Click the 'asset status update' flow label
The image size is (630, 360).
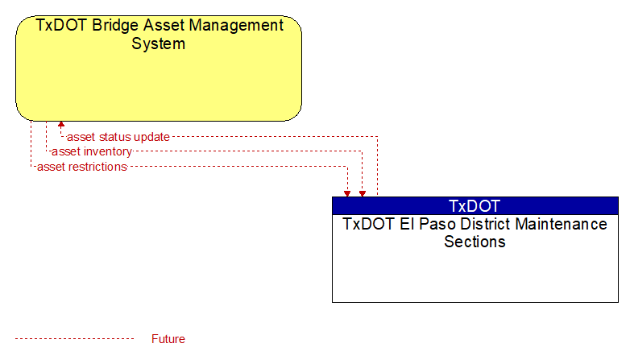pyautogui.click(x=118, y=137)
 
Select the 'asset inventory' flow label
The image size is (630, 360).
pyautogui.click(x=92, y=151)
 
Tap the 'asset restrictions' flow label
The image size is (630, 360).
pyautogui.click(x=82, y=167)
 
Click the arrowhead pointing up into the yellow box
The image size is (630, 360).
pyautogui.click(x=61, y=124)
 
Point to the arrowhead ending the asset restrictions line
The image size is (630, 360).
pyautogui.click(x=347, y=194)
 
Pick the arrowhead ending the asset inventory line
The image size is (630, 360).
pyautogui.click(x=363, y=194)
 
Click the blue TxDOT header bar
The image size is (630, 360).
pyautogui.click(x=475, y=205)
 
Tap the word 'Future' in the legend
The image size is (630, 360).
pyautogui.click(x=168, y=339)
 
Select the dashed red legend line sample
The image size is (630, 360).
pyautogui.click(x=74, y=339)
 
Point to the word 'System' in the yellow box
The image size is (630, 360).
pyautogui.click(x=158, y=43)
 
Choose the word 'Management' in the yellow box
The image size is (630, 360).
pyautogui.click(x=236, y=25)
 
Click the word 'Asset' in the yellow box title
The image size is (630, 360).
pyautogui.click(x=164, y=25)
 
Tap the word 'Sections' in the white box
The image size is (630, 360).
pyautogui.click(x=475, y=242)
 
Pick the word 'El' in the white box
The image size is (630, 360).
pyautogui.click(x=407, y=224)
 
